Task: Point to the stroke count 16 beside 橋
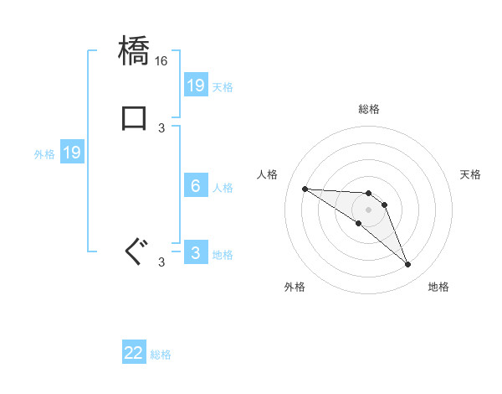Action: pyautogui.click(x=161, y=61)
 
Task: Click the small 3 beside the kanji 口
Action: pyautogui.click(x=161, y=127)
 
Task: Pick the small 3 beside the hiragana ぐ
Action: pyautogui.click(x=161, y=262)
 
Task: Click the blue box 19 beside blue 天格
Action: pyautogui.click(x=196, y=86)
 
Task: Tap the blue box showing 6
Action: pyautogui.click(x=196, y=186)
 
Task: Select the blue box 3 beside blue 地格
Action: pyautogui.click(x=196, y=253)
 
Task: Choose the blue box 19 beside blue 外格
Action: pyautogui.click(x=72, y=153)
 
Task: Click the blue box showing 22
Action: pyautogui.click(x=134, y=354)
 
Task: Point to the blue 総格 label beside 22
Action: pyautogui.click(x=161, y=355)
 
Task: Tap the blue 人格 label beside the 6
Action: pyautogui.click(x=223, y=187)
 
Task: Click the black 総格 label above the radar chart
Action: pyautogui.click(x=368, y=109)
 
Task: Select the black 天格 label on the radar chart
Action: pyautogui.click(x=470, y=174)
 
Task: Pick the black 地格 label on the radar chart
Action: pyautogui.click(x=438, y=287)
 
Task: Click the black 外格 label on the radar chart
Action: pyautogui.click(x=295, y=287)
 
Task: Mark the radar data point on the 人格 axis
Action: pyautogui.click(x=305, y=189)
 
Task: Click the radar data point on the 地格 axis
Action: pyautogui.click(x=407, y=265)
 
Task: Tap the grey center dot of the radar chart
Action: pyautogui.click(x=368, y=210)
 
